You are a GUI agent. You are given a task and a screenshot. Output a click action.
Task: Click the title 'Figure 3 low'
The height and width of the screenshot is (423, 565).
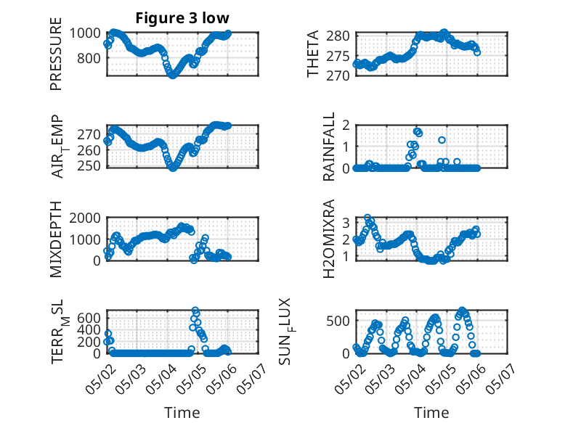click(x=182, y=18)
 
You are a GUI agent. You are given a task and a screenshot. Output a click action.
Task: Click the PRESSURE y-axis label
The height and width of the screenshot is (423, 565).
click(x=56, y=54)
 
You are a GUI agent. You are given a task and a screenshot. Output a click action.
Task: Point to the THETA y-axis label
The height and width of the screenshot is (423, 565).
click(x=313, y=54)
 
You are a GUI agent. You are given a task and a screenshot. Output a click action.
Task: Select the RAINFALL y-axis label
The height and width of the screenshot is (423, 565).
click(x=329, y=147)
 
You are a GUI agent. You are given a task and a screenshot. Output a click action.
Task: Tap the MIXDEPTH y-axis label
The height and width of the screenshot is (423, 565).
click(x=56, y=239)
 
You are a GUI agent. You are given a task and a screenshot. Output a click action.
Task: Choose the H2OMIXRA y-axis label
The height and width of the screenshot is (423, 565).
click(x=329, y=239)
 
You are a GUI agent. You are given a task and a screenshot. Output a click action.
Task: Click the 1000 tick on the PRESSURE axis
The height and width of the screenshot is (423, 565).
click(x=85, y=33)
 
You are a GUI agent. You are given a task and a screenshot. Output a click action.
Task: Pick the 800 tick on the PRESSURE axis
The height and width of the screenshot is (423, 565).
click(x=89, y=58)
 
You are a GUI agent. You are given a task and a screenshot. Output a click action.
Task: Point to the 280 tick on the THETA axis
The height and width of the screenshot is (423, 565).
click(x=338, y=36)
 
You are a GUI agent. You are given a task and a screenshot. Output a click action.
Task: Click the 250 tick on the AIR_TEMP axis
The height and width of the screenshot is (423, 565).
click(x=89, y=165)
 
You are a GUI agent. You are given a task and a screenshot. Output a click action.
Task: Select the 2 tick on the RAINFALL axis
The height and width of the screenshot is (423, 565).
click(x=346, y=126)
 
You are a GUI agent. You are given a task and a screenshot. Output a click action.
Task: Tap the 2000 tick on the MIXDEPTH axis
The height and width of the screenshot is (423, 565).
click(x=85, y=218)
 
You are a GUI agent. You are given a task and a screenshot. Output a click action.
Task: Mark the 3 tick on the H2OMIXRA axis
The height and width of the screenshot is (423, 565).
click(x=346, y=223)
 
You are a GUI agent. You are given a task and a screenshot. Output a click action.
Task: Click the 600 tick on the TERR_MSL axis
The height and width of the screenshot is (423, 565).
click(x=89, y=319)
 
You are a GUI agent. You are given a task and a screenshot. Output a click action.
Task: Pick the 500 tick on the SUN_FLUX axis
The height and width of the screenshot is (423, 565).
click(x=338, y=321)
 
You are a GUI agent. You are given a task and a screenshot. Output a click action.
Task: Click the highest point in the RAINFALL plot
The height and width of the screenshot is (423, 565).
click(x=418, y=131)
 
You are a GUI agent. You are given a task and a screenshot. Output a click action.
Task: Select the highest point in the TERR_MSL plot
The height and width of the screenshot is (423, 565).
click(x=195, y=310)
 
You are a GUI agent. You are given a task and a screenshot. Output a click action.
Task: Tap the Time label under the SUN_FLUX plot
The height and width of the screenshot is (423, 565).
click(x=431, y=412)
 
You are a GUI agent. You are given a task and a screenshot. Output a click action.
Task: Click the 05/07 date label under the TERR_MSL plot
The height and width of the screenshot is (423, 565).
click(x=252, y=379)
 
